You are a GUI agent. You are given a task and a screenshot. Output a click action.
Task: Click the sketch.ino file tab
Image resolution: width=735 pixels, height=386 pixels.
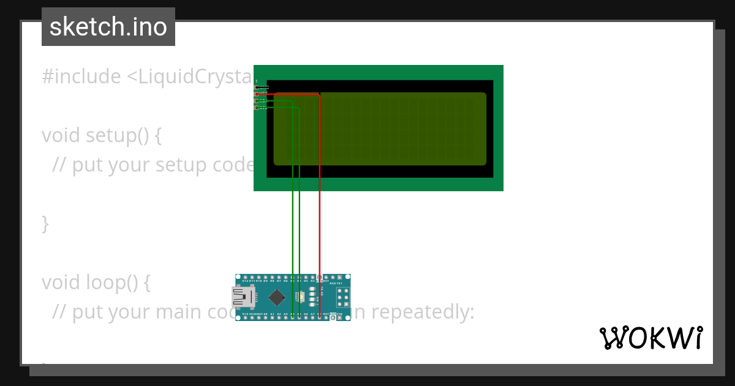108,27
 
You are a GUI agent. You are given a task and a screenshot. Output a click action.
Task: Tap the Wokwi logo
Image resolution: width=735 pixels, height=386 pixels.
650,338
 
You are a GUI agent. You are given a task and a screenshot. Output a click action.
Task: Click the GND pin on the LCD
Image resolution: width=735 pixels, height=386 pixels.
257,88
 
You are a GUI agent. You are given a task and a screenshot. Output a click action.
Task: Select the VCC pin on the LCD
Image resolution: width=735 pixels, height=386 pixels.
257,94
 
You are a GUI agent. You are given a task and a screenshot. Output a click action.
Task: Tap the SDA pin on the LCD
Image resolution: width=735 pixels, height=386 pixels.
257,101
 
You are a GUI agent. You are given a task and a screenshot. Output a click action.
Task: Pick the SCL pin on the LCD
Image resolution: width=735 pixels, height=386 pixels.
257,108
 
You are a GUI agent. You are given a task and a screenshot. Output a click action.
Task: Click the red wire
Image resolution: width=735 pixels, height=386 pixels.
320,184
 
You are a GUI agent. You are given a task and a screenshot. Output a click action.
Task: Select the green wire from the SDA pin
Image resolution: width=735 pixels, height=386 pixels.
299,184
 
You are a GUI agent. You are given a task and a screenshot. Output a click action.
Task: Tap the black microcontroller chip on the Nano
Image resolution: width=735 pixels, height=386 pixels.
277,298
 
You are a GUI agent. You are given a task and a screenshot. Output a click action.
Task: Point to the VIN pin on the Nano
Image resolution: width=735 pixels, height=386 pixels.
339,317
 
